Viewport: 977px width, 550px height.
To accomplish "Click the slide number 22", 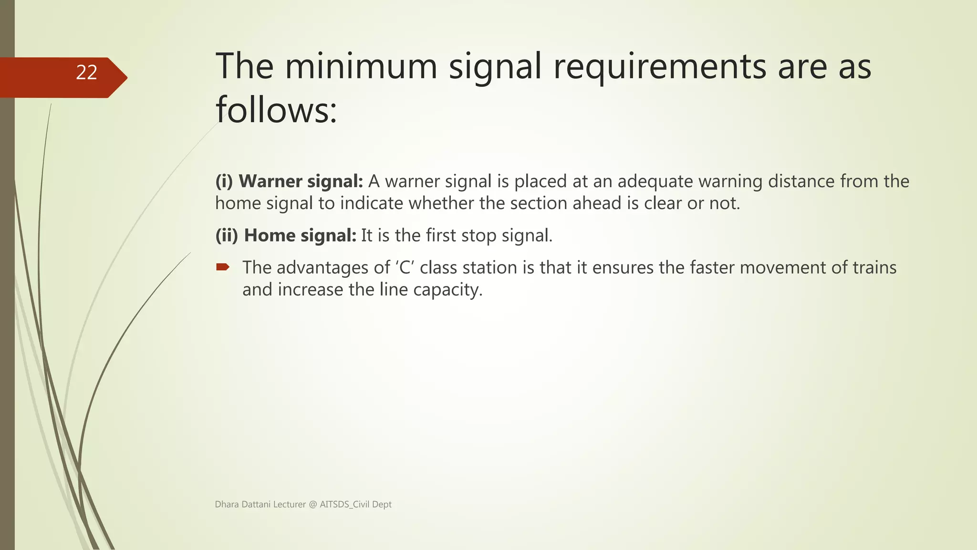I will coord(86,73).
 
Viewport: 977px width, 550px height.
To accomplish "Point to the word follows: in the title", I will coord(276,110).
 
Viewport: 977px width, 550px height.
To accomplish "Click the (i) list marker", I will coord(224,181).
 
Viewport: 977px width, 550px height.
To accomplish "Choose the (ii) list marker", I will coord(227,235).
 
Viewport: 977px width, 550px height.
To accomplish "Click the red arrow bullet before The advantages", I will coord(222,267).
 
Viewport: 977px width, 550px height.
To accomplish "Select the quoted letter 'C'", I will coord(405,267).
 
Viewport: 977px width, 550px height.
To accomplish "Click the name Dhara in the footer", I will coord(227,504).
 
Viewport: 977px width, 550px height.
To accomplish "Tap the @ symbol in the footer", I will coord(312,504).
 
